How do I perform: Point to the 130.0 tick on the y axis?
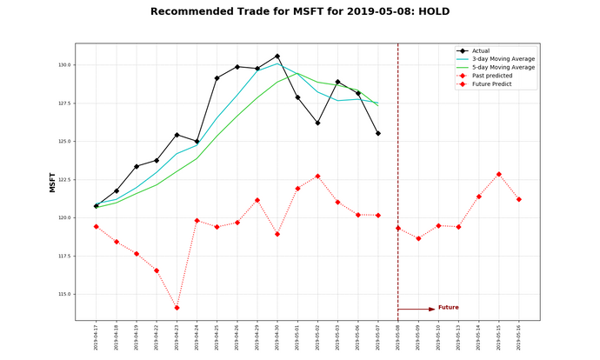point(65,65)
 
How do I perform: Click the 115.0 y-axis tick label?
point(65,294)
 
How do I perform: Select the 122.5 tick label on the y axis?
point(65,180)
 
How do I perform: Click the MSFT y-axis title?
point(52,182)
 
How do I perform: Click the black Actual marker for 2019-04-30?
point(277,56)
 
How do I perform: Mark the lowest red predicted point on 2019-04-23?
point(177,308)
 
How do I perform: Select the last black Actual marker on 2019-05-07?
point(378,133)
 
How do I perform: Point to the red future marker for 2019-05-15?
point(499,174)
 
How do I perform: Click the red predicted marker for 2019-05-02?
point(317,176)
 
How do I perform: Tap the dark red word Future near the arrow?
point(449,307)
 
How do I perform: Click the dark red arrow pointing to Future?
point(417,309)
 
